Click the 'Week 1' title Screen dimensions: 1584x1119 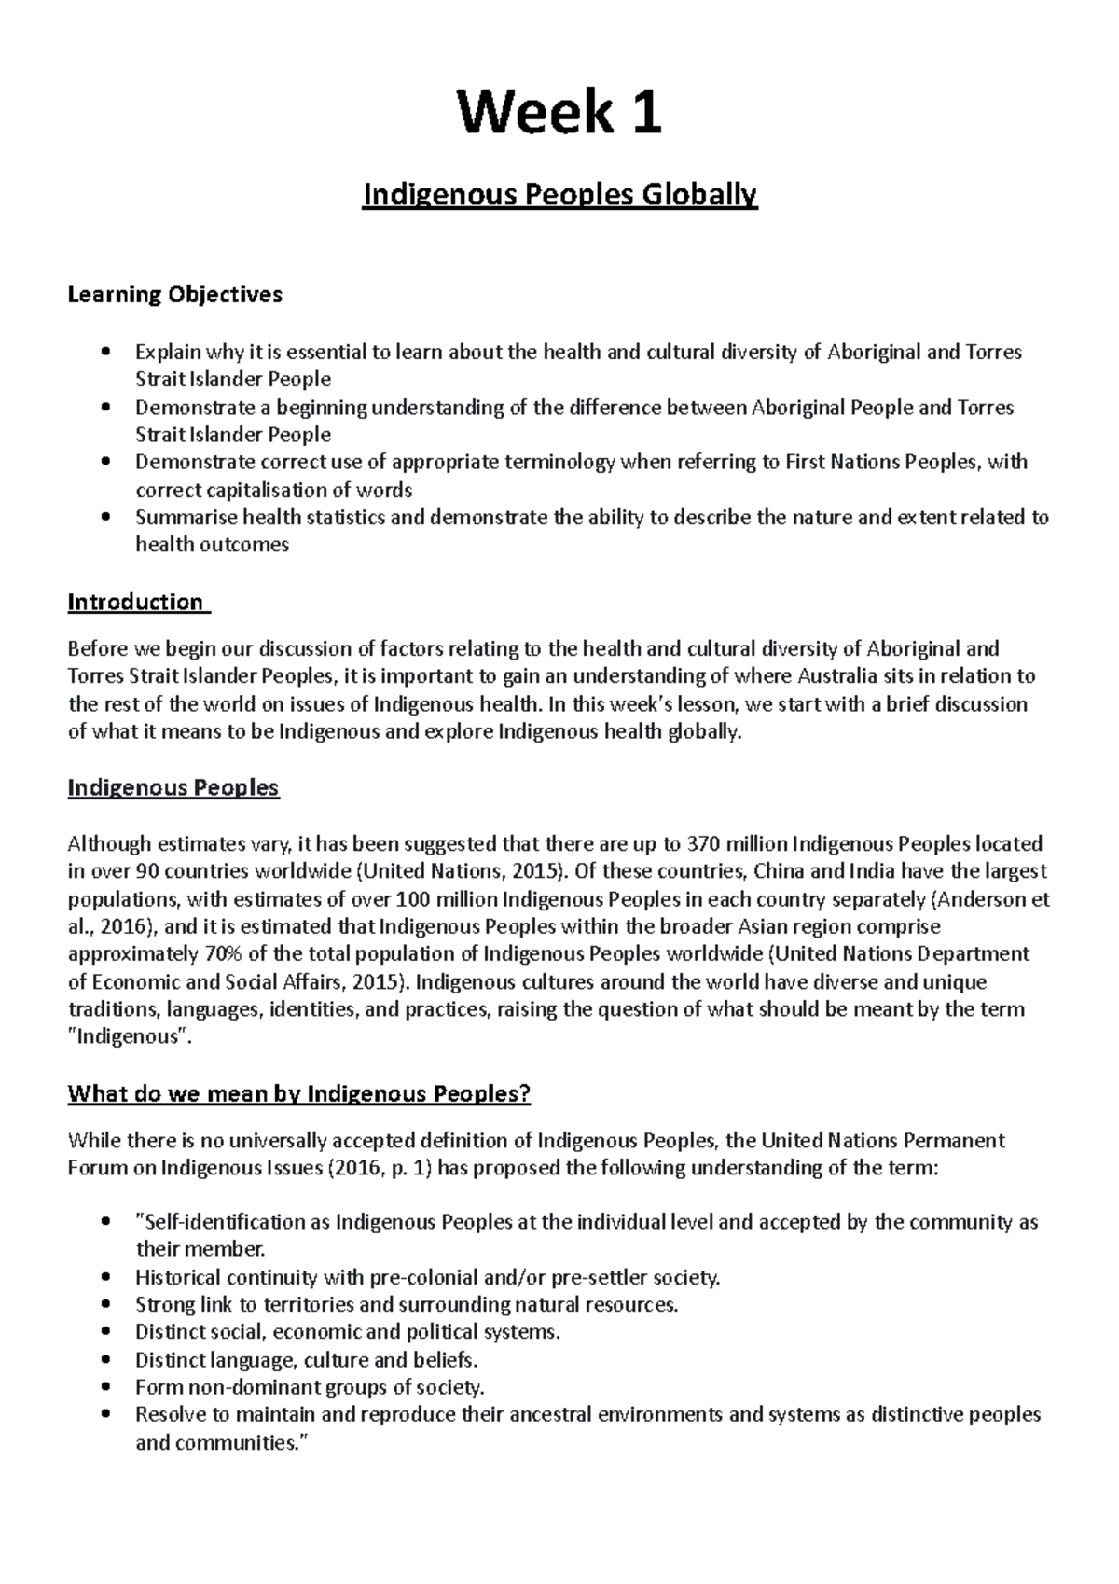559,114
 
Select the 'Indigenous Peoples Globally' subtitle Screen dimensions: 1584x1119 559,196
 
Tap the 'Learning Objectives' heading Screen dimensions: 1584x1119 174,296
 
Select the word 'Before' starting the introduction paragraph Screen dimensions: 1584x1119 96,649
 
